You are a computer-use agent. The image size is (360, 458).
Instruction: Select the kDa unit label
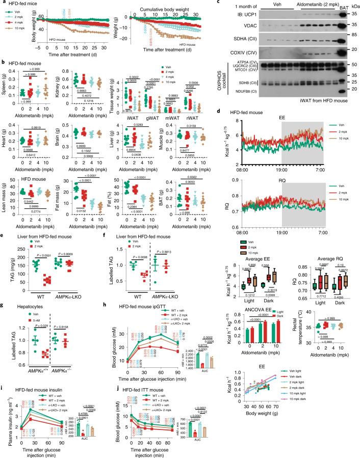(355, 5)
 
